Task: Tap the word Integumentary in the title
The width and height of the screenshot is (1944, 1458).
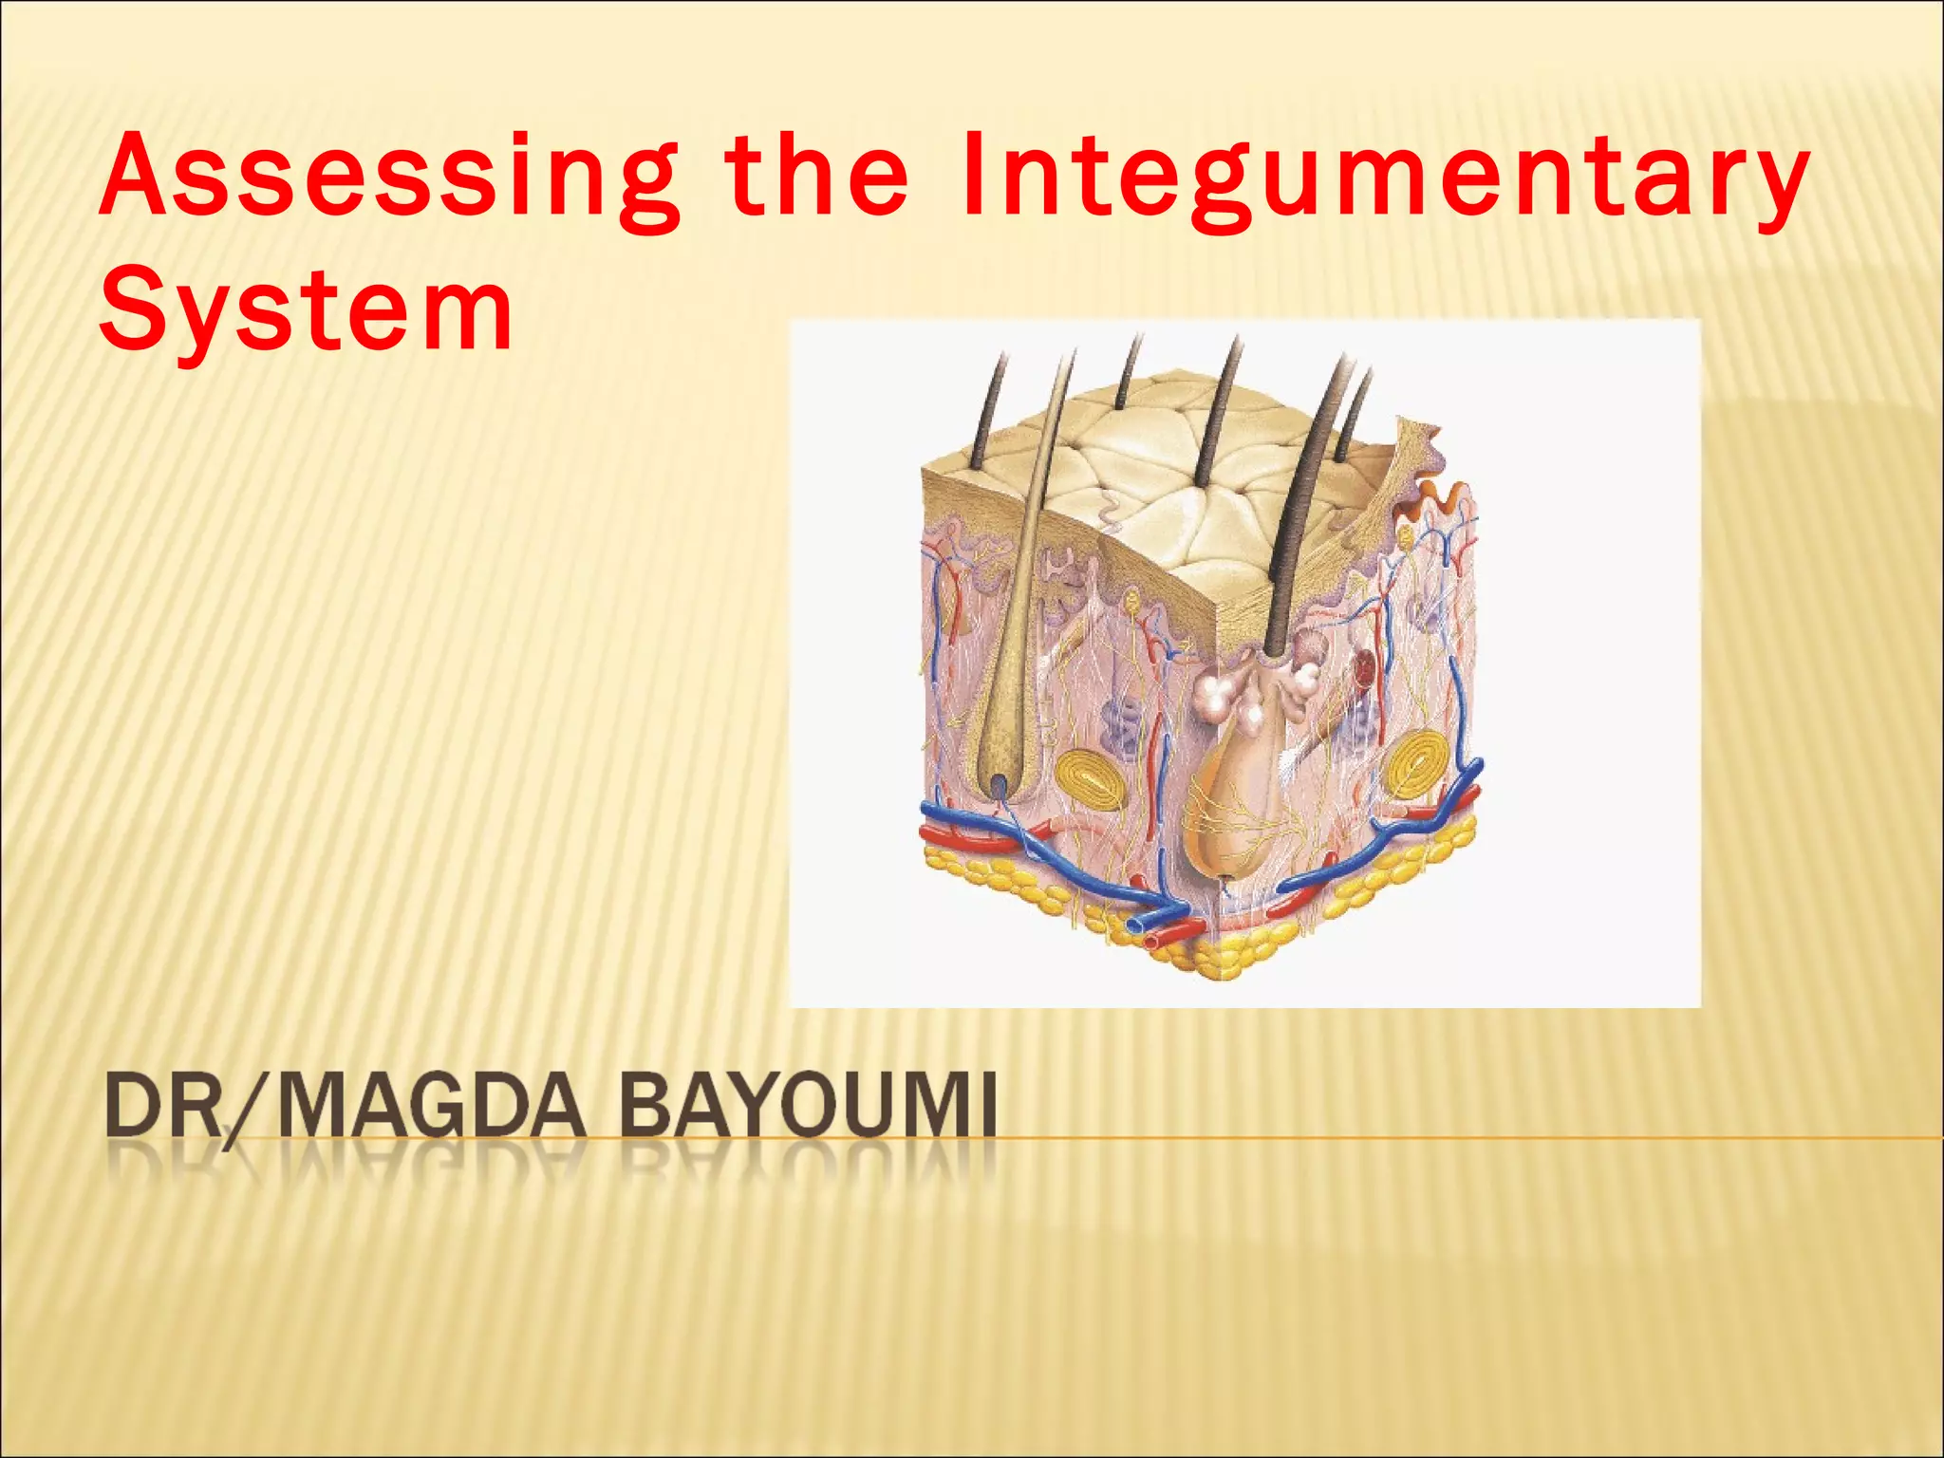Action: [1384, 178]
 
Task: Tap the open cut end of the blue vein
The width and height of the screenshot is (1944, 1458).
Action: [1135, 924]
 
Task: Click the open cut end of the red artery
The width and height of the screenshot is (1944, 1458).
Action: [1156, 941]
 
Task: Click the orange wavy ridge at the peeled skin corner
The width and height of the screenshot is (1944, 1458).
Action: [1440, 497]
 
